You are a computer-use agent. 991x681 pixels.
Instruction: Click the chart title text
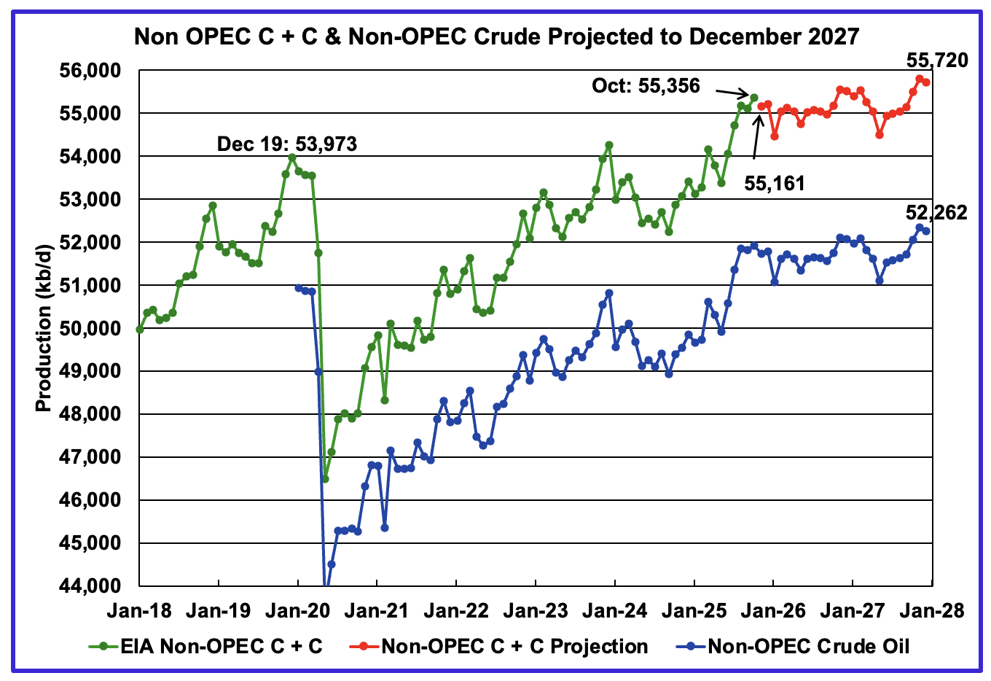[x=496, y=36]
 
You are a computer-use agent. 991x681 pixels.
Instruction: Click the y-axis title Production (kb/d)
[x=44, y=328]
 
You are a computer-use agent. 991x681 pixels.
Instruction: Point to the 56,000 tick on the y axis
[x=92, y=71]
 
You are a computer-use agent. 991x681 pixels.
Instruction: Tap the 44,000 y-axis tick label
[x=92, y=586]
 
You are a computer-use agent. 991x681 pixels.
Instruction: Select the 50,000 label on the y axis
[x=92, y=329]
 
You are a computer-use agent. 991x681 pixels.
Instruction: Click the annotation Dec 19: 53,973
[x=287, y=144]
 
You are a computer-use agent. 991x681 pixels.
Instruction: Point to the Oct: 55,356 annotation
[x=646, y=86]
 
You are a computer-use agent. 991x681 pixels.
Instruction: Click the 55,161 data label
[x=775, y=183]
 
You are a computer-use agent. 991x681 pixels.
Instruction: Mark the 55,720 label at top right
[x=937, y=61]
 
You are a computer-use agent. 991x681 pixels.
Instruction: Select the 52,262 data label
[x=936, y=212]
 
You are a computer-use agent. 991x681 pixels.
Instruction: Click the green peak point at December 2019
[x=291, y=157]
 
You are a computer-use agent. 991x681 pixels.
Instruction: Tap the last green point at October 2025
[x=754, y=97]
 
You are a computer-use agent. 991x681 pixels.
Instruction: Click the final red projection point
[x=926, y=82]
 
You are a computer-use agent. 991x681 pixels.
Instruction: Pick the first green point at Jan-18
[x=140, y=330]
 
